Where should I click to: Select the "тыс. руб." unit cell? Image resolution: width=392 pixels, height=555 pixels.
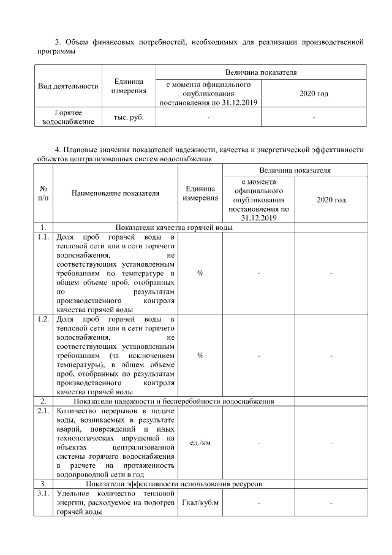[129, 117]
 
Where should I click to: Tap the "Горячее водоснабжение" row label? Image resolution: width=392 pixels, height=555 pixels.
[68, 117]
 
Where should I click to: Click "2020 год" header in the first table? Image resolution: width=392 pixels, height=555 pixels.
[314, 93]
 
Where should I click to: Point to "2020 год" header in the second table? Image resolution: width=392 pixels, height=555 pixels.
[331, 200]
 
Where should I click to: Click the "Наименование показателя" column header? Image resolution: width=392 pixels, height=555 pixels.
[115, 193]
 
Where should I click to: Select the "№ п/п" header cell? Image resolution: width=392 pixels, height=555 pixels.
[43, 193]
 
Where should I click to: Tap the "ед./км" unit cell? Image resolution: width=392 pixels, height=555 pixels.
[200, 443]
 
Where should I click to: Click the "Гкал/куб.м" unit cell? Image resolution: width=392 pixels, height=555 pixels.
[200, 503]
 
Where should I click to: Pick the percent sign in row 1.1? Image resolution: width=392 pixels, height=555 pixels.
[200, 273]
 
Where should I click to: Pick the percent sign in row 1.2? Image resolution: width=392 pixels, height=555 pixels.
[200, 355]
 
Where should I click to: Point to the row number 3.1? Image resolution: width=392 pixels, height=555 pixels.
[43, 492]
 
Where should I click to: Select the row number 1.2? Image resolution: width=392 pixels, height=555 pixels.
[43, 320]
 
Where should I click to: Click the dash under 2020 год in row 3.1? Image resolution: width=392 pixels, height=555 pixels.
[331, 503]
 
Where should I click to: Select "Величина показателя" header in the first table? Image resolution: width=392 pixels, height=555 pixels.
[261, 72]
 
